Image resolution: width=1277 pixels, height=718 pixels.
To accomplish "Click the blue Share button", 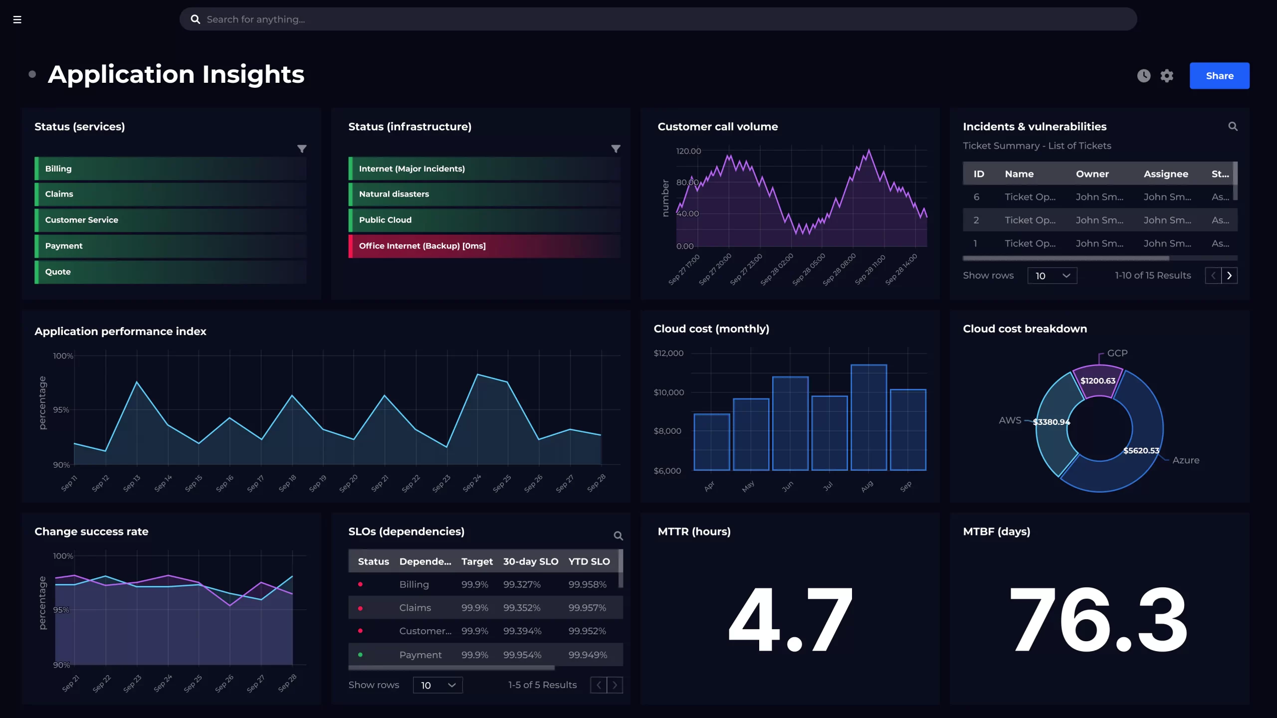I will coord(1219,76).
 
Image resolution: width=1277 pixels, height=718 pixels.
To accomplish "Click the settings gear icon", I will coord(1167,76).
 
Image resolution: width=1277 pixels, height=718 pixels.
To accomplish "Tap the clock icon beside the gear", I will coord(1144,76).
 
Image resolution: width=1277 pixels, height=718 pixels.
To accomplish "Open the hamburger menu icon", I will coord(17,19).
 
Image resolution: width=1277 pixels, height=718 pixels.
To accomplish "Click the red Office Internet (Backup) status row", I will coord(484,246).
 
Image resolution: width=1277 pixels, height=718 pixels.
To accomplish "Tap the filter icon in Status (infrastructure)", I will coord(616,149).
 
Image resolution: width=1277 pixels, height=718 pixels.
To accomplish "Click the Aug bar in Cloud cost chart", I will coord(868,418).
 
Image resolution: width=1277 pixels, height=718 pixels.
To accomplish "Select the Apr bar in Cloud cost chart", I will coord(712,442).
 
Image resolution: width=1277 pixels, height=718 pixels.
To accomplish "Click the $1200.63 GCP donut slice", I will coord(1097,381).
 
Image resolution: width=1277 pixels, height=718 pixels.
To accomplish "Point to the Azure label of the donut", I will coord(1185,460).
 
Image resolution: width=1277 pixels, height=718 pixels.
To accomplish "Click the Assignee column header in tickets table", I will coord(1166,174).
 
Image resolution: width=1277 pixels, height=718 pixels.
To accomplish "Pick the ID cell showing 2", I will coord(976,220).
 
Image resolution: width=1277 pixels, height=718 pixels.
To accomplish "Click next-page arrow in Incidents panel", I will coord(1229,276).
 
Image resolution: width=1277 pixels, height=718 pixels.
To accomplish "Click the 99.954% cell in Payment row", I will coord(522,655).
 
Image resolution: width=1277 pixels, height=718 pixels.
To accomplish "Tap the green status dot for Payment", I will coord(360,655).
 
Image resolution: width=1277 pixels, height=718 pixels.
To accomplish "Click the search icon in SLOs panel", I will coord(618,536).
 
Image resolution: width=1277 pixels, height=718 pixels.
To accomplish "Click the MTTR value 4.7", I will coord(790,620).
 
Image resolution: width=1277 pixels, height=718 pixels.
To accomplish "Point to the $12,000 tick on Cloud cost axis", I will coord(668,353).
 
